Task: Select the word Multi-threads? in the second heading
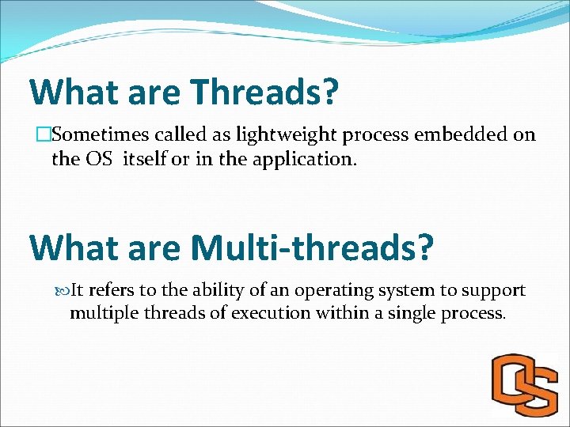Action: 313,248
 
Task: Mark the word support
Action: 493,290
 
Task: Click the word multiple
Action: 100,312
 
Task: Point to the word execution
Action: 268,312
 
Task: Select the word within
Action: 341,312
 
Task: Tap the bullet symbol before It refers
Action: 63,291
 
